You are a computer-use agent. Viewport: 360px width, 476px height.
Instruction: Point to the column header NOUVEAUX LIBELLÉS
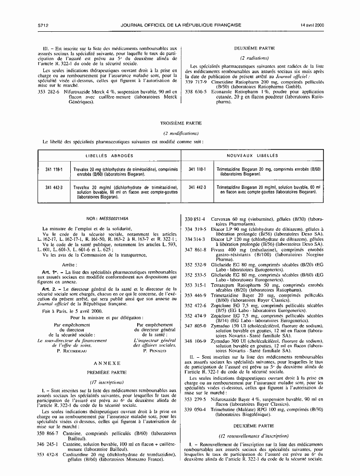(252, 156)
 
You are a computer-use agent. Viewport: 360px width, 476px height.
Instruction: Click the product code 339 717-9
(195, 82)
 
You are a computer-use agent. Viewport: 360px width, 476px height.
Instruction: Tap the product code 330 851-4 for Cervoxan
(195, 219)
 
